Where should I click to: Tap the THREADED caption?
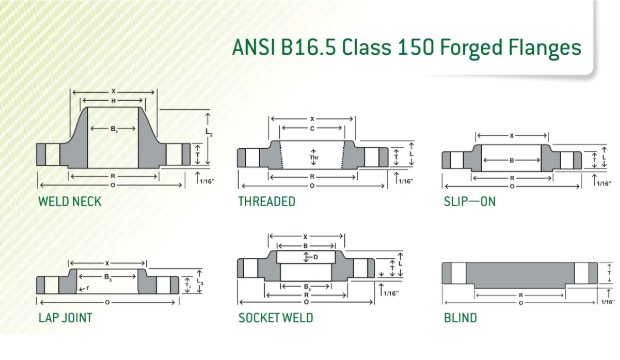coord(266,200)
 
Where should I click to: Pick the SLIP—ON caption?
coord(470,200)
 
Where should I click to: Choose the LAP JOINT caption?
coord(66,318)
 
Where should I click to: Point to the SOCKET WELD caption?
coord(275,318)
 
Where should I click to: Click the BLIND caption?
coord(460,318)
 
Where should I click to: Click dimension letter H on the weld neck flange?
coord(113,101)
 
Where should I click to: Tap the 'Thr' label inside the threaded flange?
coord(313,156)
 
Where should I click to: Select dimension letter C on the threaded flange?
coord(313,127)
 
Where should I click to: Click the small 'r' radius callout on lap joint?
coord(88,286)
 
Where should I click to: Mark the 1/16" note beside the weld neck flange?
coord(207,181)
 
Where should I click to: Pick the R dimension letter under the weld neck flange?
coord(112,174)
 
